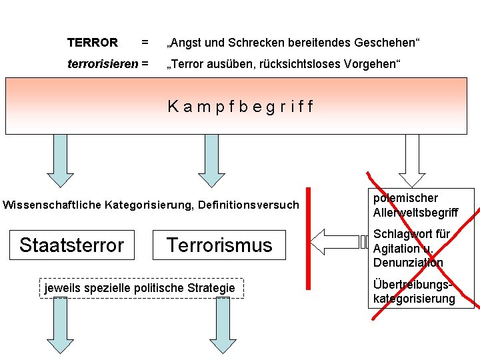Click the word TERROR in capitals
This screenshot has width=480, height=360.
point(92,43)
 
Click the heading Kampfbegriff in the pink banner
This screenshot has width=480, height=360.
point(241,107)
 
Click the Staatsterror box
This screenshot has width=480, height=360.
point(71,245)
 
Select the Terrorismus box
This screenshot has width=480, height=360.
point(219,245)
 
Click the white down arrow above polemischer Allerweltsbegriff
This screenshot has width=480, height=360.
point(412,160)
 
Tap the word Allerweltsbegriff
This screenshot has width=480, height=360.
point(415,213)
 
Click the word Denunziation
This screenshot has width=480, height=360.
point(408,263)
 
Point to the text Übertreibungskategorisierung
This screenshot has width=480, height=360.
point(413,291)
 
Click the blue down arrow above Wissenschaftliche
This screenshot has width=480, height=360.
point(60,160)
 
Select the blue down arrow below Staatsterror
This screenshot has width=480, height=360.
point(60,325)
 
